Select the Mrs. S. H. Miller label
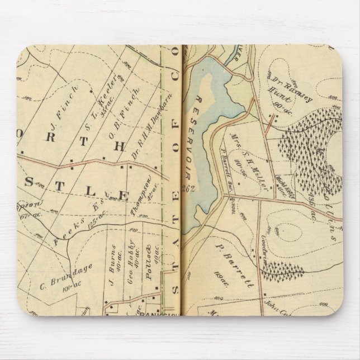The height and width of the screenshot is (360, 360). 245,148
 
